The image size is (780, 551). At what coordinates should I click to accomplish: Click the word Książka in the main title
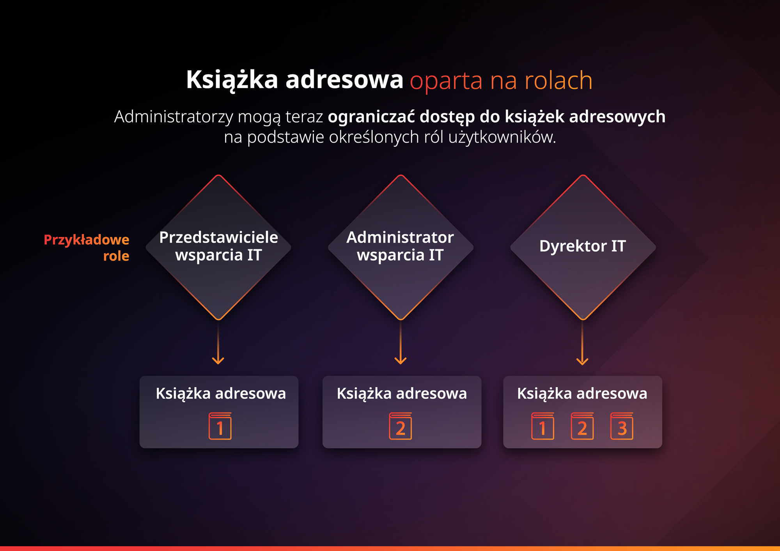click(x=232, y=80)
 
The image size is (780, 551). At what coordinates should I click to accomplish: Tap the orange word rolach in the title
click(x=558, y=80)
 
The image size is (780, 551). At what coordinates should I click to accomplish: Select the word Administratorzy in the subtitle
click(x=174, y=117)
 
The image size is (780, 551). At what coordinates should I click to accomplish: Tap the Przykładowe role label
click(x=87, y=247)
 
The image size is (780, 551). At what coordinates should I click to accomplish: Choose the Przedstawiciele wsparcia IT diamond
click(x=218, y=247)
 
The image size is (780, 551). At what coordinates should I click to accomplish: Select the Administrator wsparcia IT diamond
click(x=401, y=247)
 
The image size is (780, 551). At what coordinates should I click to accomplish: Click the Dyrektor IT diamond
click(x=583, y=247)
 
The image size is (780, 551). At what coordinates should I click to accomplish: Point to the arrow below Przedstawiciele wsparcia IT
click(x=218, y=343)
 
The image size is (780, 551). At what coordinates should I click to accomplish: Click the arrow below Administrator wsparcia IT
click(x=401, y=343)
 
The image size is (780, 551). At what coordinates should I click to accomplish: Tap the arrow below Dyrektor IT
click(x=582, y=343)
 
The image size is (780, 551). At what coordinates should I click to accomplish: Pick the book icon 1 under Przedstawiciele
click(x=220, y=426)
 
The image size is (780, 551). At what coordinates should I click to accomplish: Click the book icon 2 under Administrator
click(x=401, y=426)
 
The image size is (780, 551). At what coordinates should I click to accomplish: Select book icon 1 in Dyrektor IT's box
click(x=542, y=426)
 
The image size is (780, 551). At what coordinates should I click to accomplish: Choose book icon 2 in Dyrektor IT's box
click(x=582, y=426)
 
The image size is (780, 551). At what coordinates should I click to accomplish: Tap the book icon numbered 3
click(x=622, y=426)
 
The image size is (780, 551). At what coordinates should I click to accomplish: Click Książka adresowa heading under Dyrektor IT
click(x=582, y=394)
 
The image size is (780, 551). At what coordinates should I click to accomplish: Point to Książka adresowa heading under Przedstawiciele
click(x=221, y=394)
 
